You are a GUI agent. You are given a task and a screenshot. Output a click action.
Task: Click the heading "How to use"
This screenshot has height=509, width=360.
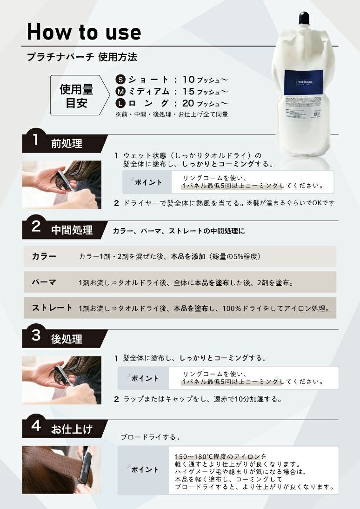tap(84, 32)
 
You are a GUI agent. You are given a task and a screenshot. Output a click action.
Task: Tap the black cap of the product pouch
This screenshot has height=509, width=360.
tap(304, 18)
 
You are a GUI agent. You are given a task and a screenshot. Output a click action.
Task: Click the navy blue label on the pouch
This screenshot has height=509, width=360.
tap(304, 82)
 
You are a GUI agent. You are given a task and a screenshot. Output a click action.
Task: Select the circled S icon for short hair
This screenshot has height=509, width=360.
tap(120, 80)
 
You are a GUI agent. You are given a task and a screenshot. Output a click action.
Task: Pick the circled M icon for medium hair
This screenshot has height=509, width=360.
tap(120, 92)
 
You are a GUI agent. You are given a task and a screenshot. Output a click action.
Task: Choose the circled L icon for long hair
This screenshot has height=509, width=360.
tap(120, 104)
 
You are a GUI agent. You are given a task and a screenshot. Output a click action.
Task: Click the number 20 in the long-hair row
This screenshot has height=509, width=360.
tap(188, 103)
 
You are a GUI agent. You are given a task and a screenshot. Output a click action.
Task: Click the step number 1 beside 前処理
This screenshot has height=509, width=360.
tap(36, 140)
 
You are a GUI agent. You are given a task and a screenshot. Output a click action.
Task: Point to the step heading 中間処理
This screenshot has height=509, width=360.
tap(72, 230)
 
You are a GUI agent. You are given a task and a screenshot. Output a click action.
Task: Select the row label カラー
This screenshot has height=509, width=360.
tap(44, 256)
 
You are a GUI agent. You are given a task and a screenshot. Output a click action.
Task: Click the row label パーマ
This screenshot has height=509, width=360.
tap(44, 282)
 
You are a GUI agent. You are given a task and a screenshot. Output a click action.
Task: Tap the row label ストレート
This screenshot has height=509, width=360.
tap(52, 308)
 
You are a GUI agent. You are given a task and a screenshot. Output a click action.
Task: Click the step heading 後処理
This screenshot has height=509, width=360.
tap(67, 339)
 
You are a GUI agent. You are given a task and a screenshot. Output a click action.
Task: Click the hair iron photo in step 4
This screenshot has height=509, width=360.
tap(62, 470)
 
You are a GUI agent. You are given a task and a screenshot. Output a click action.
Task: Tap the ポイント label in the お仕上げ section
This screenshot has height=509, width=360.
tap(145, 469)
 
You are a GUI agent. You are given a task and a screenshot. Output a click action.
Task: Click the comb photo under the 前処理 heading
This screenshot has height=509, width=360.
tap(62, 184)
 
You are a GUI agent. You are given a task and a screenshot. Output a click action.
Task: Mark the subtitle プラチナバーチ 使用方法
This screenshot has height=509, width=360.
tap(82, 57)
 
